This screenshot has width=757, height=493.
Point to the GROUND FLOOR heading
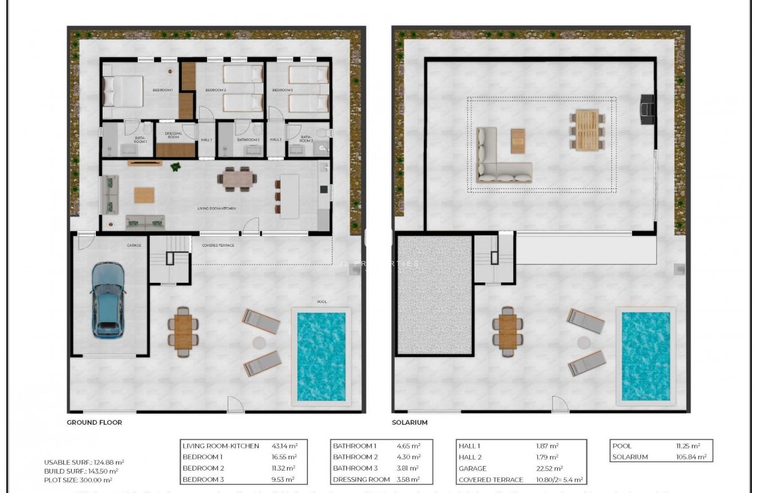click(94, 422)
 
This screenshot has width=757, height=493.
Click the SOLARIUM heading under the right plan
click(410, 422)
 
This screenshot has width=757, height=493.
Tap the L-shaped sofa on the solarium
click(499, 161)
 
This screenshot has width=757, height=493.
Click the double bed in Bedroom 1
click(123, 91)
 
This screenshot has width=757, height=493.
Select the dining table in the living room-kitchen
click(237, 179)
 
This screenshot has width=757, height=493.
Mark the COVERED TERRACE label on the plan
click(218, 245)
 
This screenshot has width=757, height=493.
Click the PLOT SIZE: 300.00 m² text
click(78, 480)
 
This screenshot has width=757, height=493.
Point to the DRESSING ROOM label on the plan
click(173, 135)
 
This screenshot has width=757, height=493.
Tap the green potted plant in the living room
click(175, 167)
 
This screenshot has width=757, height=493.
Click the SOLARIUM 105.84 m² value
click(691, 457)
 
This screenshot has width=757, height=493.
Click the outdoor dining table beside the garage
click(183, 331)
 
